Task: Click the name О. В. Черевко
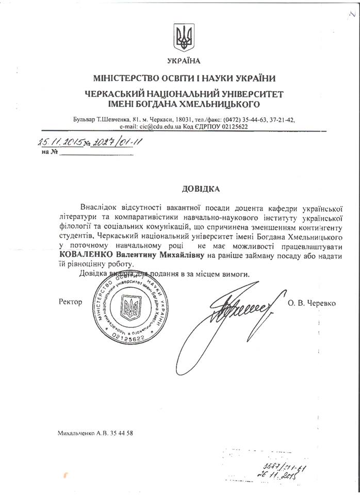coord(312,303)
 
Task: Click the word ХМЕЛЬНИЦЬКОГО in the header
coord(220,104)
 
